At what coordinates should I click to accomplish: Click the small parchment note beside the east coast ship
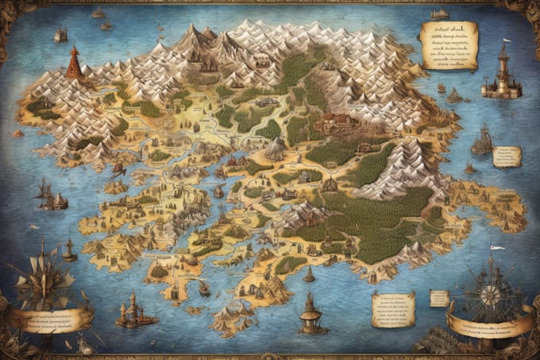[506, 156]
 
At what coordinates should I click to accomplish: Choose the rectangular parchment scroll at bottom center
[393, 308]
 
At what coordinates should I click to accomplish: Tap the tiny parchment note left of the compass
[439, 298]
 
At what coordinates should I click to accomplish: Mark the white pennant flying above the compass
[497, 248]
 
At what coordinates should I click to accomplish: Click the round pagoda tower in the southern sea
[310, 311]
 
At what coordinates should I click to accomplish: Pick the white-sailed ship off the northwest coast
[60, 35]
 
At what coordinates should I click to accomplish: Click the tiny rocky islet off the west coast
[17, 134]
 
